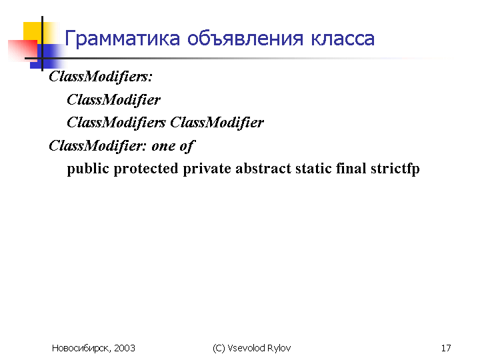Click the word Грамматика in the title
click(122, 39)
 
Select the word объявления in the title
click(245, 39)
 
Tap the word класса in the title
click(343, 39)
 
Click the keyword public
click(88, 169)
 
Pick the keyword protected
click(146, 169)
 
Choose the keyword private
click(207, 169)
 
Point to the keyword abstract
click(263, 169)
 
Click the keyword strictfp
click(395, 169)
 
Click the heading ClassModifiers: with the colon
click(101, 77)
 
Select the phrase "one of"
click(173, 146)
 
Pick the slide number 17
click(446, 348)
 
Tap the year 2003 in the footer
click(125, 348)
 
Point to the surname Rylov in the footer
click(279, 349)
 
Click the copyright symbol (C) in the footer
click(219, 349)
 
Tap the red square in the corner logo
click(23, 51)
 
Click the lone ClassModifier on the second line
click(113, 100)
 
